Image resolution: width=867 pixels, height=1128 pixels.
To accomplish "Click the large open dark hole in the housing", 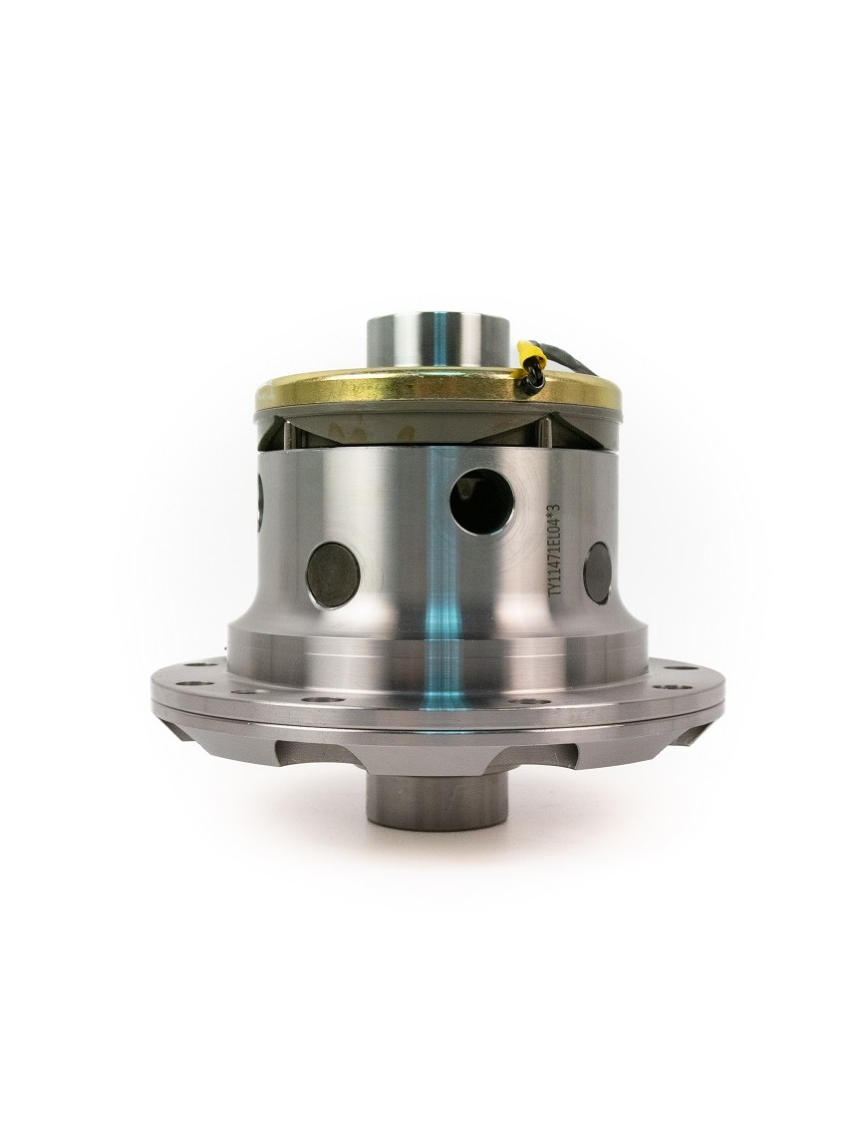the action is click(482, 502).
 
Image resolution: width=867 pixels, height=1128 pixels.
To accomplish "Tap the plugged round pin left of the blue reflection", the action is click(334, 574).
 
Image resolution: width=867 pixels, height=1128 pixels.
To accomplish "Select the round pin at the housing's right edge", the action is click(598, 572).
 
